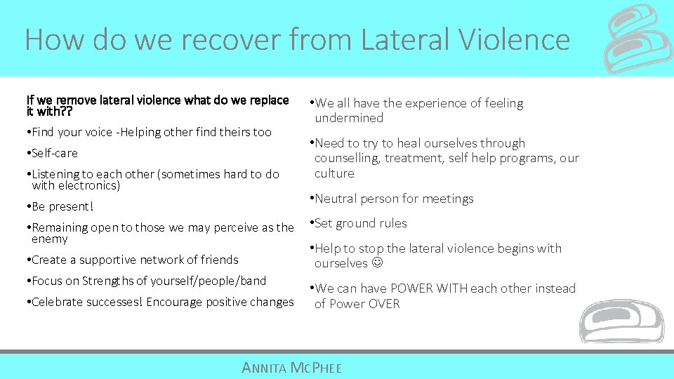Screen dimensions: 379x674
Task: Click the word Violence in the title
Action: coord(514,39)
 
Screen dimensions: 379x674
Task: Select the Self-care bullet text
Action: coord(55,153)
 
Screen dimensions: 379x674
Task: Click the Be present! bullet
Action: coord(62,207)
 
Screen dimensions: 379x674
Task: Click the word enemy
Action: coord(50,239)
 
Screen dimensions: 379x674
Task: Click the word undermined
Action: coord(349,119)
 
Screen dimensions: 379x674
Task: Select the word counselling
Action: coord(348,159)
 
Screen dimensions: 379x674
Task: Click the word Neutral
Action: coord(336,199)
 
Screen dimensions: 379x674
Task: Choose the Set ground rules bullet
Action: coord(360,224)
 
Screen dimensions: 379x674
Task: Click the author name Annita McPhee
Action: coord(291,367)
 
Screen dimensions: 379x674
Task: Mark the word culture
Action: coord(334,173)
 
